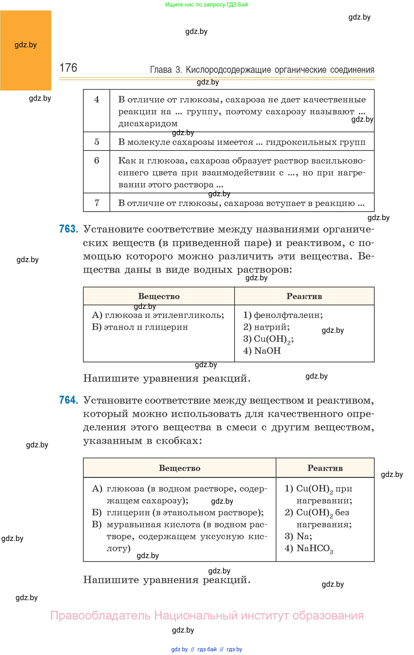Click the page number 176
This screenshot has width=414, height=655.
click(68, 68)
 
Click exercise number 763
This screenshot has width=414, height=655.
click(68, 229)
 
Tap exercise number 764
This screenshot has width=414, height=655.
click(68, 400)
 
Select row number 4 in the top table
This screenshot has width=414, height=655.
click(97, 100)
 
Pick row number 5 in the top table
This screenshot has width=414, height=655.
click(97, 142)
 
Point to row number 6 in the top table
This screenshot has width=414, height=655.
click(97, 160)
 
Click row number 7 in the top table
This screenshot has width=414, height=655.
click(97, 203)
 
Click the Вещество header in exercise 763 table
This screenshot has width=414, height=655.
click(159, 296)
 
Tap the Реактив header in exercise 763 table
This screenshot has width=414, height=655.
click(304, 296)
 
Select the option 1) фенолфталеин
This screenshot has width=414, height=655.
click(283, 315)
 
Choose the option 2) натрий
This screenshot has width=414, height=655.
click(266, 327)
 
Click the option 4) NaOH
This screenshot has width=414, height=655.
click(262, 351)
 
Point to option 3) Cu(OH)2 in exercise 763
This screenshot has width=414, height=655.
click(268, 339)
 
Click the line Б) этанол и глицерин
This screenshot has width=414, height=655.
click(140, 327)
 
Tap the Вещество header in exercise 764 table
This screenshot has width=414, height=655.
click(179, 468)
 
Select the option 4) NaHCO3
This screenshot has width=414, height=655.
click(309, 548)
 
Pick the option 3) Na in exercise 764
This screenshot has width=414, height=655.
click(298, 536)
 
